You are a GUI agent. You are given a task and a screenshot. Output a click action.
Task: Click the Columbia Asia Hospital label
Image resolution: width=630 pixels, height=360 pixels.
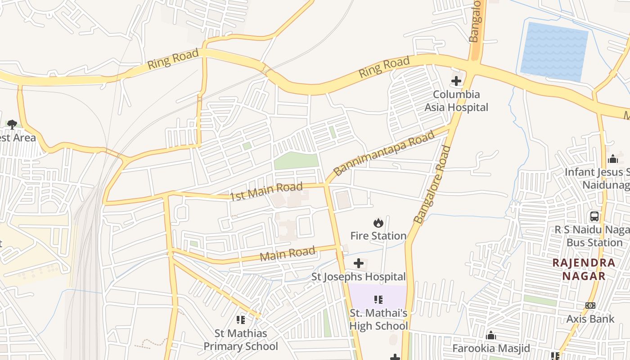[456, 101]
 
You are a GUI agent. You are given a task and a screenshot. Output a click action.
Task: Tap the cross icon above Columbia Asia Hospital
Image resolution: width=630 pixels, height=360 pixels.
[456, 81]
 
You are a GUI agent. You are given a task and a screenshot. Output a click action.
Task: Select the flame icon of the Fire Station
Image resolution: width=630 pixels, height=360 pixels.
[378, 223]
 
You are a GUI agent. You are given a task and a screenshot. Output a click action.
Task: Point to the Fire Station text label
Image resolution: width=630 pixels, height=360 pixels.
[378, 236]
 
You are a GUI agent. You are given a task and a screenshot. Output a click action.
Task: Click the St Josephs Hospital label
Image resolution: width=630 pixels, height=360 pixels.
[359, 277]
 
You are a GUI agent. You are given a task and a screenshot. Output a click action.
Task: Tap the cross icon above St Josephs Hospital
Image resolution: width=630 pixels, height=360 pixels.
[359, 263]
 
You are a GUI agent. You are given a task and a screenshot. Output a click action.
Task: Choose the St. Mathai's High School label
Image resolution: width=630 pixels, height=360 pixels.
[378, 319]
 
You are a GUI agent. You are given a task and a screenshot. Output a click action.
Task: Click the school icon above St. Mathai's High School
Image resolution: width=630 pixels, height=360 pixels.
[378, 300]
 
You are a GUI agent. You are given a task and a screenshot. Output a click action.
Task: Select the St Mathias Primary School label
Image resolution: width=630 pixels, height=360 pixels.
[241, 340]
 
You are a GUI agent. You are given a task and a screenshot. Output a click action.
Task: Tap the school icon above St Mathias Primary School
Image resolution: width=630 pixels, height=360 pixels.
[241, 320]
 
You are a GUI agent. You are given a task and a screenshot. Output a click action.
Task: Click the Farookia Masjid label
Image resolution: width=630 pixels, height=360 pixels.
[491, 348]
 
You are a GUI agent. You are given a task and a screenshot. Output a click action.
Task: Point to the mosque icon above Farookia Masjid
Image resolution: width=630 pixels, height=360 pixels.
[491, 336]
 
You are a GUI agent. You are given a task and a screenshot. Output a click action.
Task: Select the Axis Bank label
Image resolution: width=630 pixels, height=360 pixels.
[590, 319]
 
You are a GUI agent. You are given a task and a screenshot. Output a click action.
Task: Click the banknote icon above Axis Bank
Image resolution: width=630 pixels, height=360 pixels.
[590, 306]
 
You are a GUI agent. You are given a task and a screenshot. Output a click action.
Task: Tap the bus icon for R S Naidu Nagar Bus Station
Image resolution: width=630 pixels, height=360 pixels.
[594, 216]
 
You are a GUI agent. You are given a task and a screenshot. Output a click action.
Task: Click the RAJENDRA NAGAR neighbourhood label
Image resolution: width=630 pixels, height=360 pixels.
[584, 269]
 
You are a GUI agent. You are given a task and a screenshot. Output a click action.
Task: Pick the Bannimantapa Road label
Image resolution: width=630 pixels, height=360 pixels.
[384, 153]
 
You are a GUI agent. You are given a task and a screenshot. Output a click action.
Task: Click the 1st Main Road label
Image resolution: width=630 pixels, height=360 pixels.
[266, 192]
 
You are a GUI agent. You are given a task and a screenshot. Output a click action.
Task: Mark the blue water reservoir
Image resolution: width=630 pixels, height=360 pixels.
[554, 52]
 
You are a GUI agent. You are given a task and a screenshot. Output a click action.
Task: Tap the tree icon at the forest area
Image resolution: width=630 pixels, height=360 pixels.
[12, 124]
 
